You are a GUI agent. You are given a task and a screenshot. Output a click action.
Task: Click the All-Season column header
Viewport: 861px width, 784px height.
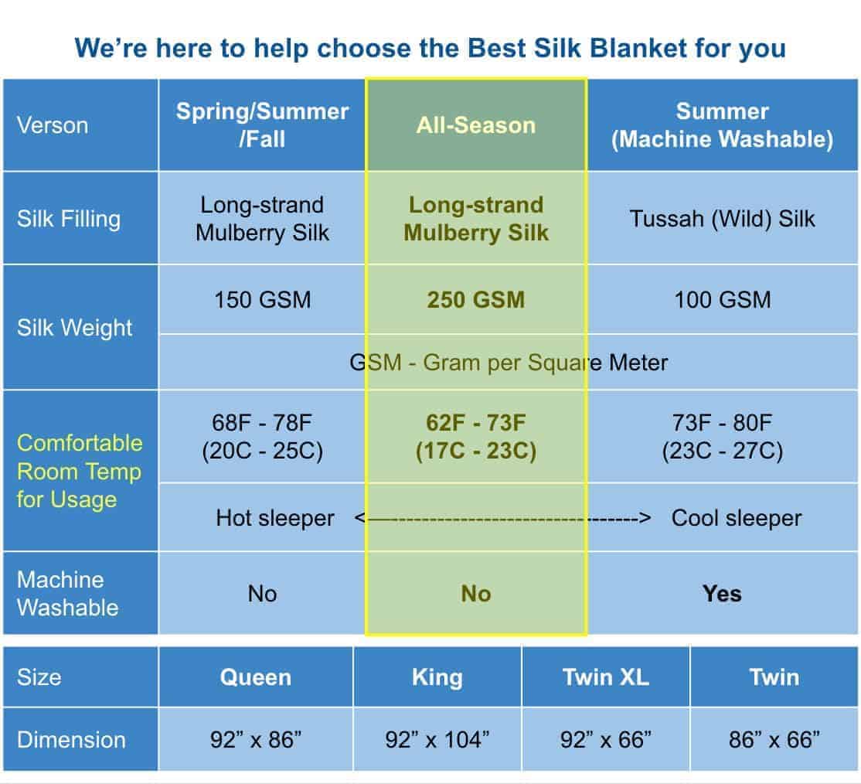475,125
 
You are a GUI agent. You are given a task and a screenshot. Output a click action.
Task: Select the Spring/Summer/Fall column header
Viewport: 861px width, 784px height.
263,125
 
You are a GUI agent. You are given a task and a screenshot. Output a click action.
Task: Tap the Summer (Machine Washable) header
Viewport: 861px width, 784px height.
722,125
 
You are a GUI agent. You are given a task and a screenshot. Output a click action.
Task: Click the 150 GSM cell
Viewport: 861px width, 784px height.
263,300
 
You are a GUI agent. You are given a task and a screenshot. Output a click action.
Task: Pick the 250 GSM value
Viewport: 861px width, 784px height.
476,300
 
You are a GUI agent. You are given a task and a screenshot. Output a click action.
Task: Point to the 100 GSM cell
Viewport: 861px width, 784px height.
722,300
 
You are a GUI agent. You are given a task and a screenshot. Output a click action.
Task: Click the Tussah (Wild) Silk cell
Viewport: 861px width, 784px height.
722,219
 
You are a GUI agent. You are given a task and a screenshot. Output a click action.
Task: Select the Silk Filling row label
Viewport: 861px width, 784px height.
69,219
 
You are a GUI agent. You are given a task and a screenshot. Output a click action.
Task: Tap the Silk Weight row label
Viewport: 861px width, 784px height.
75,328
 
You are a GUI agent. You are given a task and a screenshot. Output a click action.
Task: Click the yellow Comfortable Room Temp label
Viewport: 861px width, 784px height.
80,472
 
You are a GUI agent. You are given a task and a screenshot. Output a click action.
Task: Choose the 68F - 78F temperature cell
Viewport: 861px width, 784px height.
263,437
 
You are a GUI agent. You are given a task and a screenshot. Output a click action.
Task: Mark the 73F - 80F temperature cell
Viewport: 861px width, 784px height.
722,437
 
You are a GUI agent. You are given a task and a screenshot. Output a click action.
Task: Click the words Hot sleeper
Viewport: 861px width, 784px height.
275,518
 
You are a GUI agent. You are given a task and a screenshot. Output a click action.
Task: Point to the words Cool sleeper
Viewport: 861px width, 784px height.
737,518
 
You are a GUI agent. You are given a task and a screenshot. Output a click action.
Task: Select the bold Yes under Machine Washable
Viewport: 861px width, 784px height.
722,594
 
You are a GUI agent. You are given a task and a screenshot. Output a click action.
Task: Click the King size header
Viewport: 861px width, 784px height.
437,677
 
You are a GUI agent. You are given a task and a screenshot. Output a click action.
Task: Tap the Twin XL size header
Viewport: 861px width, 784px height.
606,677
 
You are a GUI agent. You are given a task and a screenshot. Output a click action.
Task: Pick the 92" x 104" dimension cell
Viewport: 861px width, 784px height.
437,739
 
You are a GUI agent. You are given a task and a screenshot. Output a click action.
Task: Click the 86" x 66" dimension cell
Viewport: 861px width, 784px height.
774,739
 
